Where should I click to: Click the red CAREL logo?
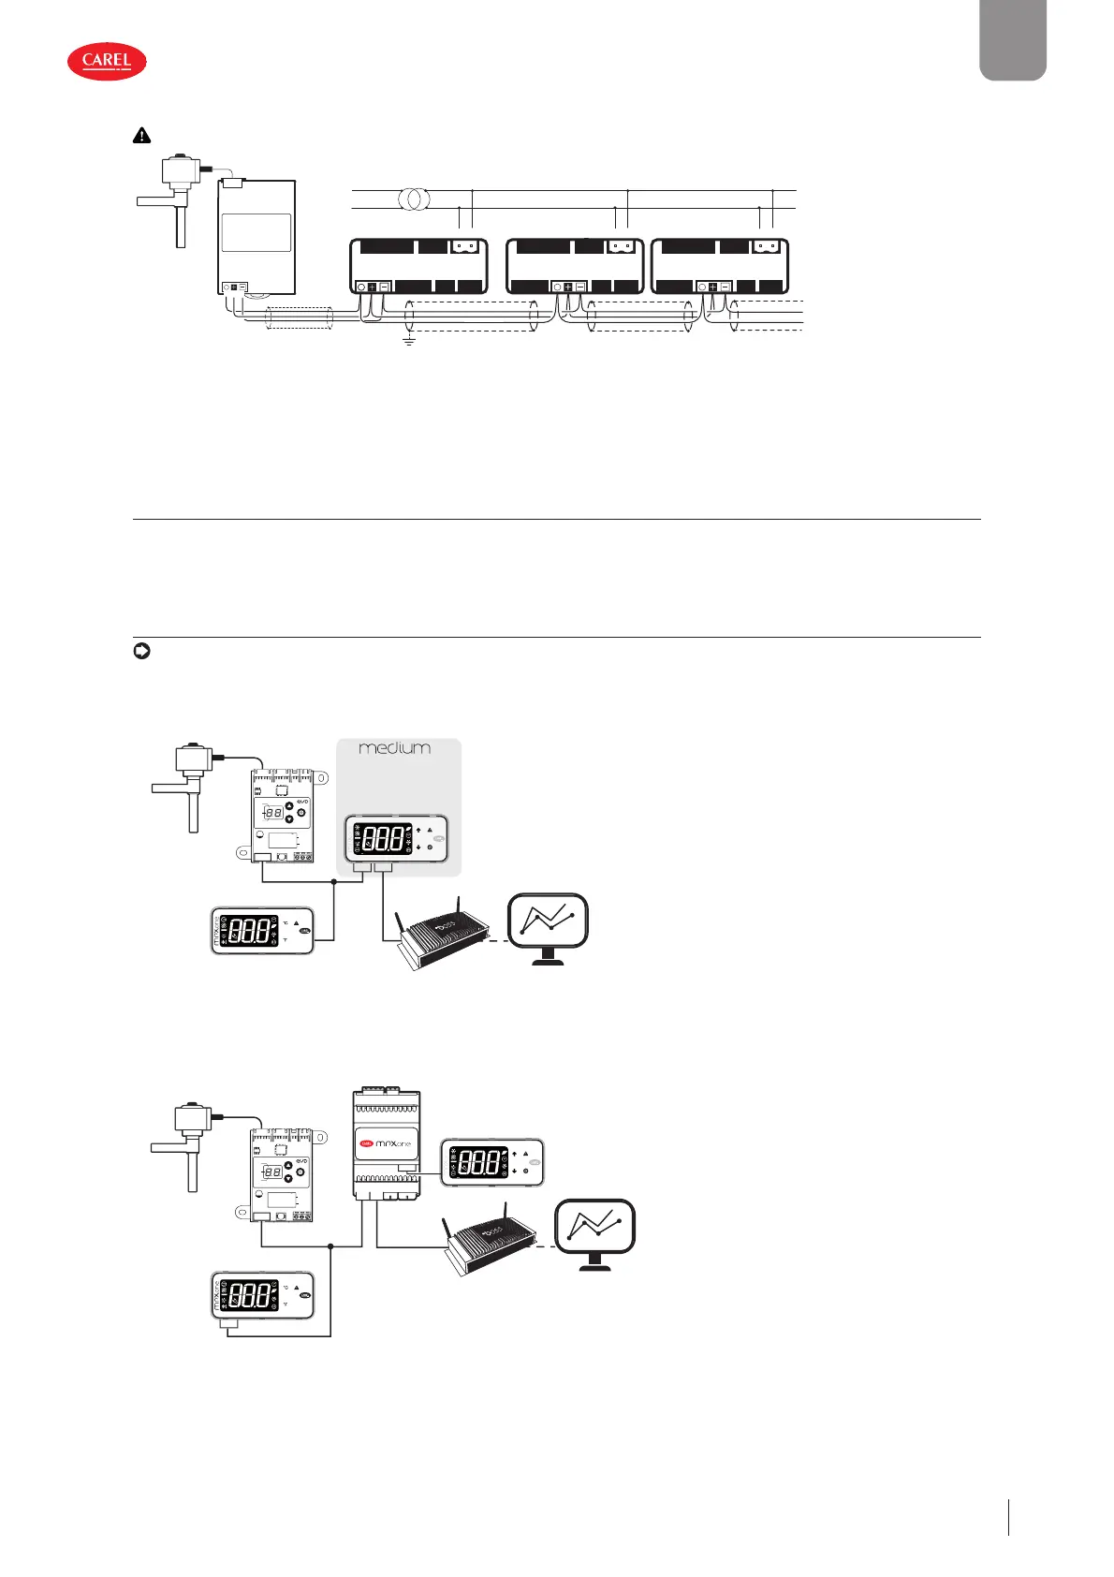(107, 61)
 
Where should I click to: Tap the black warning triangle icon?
(141, 136)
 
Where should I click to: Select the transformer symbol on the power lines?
(413, 199)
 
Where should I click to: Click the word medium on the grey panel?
(395, 748)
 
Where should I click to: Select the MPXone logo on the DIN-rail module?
(386, 1143)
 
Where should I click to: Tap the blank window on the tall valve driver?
(257, 232)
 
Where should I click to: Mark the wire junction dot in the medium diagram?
(334, 881)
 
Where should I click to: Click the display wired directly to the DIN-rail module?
(491, 1163)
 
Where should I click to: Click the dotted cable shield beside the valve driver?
(300, 318)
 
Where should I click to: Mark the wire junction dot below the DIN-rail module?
(331, 1246)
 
